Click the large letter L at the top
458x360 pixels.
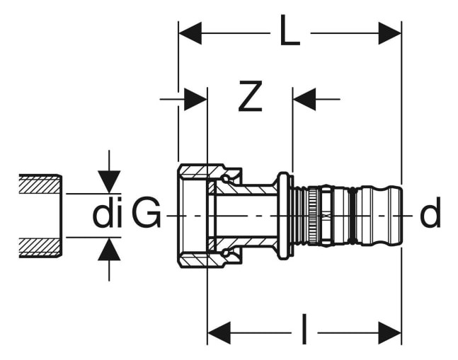(x=290, y=30)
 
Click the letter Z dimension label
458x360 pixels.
(x=250, y=96)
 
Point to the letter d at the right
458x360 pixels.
(x=430, y=212)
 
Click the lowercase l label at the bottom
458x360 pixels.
(x=304, y=329)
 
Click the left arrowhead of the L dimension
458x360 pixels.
(x=190, y=33)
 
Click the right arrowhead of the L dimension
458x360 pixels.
(x=390, y=33)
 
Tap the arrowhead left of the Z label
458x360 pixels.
(x=195, y=100)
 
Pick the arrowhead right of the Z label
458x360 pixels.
(x=304, y=100)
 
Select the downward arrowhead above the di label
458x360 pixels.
(x=109, y=182)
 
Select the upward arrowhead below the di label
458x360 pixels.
(x=109, y=249)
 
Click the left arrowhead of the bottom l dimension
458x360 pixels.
(x=219, y=333)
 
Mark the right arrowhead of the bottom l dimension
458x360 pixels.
(x=390, y=333)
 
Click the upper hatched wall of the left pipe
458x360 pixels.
(x=40, y=184)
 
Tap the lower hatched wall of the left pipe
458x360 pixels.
(x=40, y=248)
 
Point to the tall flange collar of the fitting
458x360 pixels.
(x=283, y=216)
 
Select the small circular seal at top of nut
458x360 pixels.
(x=225, y=179)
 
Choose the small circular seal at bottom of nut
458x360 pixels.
(x=225, y=252)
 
